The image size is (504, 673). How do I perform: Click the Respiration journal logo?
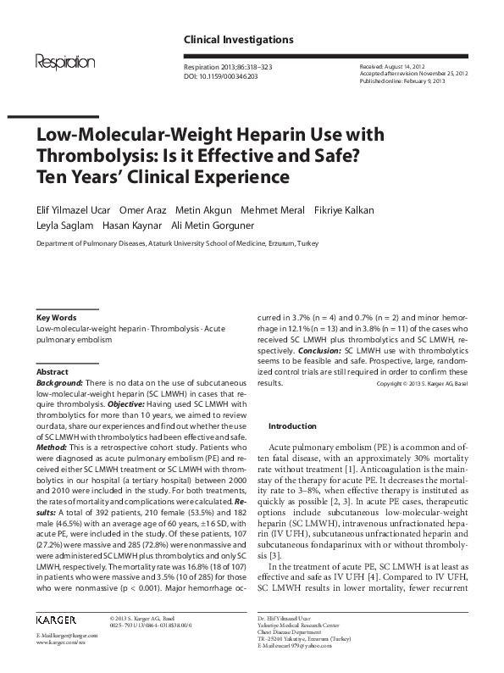pyautogui.click(x=64, y=61)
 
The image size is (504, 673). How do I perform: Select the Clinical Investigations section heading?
pyautogui.click(x=238, y=40)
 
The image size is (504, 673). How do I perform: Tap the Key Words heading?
pyautogui.click(x=58, y=316)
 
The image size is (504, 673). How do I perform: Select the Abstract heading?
pyautogui.click(x=53, y=372)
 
